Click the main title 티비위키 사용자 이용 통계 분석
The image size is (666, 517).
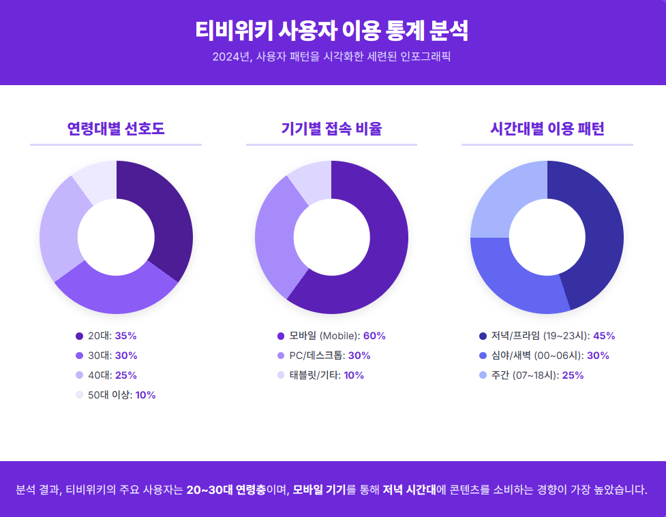click(332, 31)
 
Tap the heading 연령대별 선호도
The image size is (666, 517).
click(116, 129)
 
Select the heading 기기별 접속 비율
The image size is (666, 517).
click(331, 129)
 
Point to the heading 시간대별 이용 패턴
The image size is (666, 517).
click(547, 129)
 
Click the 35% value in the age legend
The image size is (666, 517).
click(126, 336)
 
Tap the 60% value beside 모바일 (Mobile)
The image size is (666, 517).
click(374, 336)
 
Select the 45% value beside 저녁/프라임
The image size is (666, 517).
click(604, 336)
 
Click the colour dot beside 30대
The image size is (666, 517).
click(79, 356)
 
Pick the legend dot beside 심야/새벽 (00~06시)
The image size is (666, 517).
click(483, 356)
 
